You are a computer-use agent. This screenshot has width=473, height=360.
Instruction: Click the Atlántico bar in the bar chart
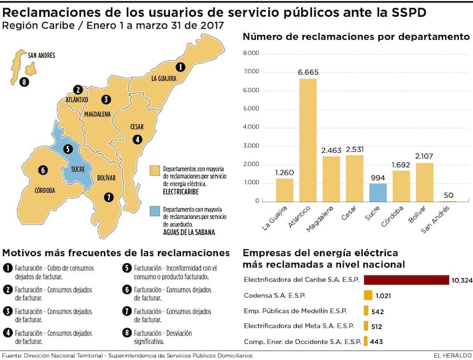coord(307,140)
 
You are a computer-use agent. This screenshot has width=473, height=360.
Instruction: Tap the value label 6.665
coord(307,73)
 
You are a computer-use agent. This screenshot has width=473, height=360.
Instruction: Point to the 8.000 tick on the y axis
coord(251,53)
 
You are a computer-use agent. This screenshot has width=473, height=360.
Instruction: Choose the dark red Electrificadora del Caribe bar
coord(406,280)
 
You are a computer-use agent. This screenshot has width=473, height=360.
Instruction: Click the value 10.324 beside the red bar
coord(462,280)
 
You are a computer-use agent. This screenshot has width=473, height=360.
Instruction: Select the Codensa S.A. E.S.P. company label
coord(274,295)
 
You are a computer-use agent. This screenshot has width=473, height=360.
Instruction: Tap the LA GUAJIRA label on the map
coord(164,79)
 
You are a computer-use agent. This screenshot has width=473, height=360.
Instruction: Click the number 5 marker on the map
coord(67,149)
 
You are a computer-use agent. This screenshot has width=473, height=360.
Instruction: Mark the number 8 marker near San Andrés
coord(24,81)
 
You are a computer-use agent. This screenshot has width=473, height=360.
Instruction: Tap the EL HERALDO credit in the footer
coord(451,355)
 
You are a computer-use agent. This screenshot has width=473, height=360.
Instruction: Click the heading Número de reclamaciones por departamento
coord(356,37)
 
